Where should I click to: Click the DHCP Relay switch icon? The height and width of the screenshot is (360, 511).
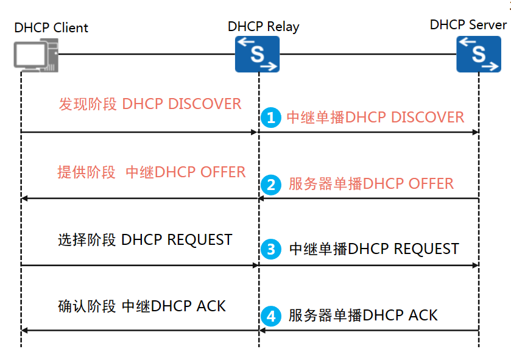pyautogui.click(x=258, y=54)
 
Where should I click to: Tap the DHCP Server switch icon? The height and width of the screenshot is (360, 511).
pyautogui.click(x=479, y=54)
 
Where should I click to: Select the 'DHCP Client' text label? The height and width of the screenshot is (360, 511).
pyautogui.click(x=51, y=28)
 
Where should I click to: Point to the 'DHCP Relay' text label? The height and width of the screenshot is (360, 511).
pyautogui.click(x=263, y=27)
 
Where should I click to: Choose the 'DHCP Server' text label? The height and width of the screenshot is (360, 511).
pyautogui.click(x=468, y=25)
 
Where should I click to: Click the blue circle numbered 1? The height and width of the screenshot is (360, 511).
pyautogui.click(x=271, y=118)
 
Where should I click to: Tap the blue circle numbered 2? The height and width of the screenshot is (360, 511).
pyautogui.click(x=271, y=184)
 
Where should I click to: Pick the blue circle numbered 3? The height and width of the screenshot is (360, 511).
pyautogui.click(x=271, y=249)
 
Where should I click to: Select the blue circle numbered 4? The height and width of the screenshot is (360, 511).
pyautogui.click(x=271, y=316)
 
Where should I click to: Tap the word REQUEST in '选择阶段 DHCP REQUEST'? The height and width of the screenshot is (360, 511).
pyautogui.click(x=200, y=240)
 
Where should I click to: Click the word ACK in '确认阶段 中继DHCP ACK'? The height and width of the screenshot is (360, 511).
pyautogui.click(x=211, y=306)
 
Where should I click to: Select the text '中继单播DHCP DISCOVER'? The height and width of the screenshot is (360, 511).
pyautogui.click(x=375, y=118)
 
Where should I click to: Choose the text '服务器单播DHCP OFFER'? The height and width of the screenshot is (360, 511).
pyautogui.click(x=371, y=184)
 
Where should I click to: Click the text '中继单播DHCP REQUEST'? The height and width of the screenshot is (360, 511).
pyautogui.click(x=373, y=249)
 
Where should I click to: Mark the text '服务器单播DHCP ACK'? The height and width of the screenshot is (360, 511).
pyautogui.click(x=363, y=316)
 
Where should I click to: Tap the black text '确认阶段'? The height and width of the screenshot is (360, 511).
pyautogui.click(x=86, y=306)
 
